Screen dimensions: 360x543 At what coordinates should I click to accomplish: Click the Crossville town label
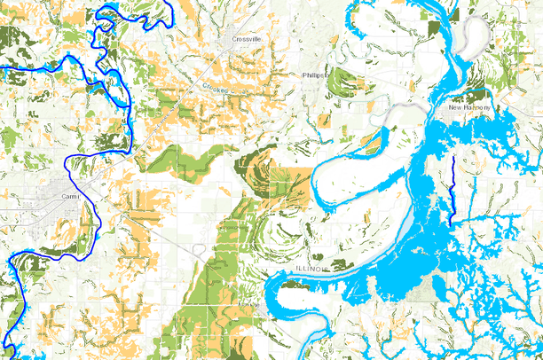click(x=247, y=40)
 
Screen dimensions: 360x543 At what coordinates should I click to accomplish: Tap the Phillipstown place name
click(x=315, y=76)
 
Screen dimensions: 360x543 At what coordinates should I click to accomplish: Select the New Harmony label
click(x=469, y=107)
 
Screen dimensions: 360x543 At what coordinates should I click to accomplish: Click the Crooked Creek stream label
click(x=217, y=90)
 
